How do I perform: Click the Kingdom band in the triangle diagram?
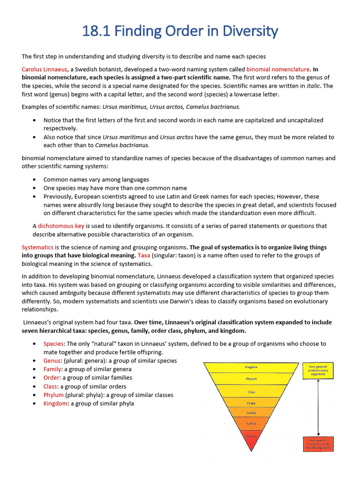252,367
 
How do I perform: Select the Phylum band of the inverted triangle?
252,379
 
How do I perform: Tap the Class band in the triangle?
252,391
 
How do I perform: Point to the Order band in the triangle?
252,403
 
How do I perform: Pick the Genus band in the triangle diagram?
252,424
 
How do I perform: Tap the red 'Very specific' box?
318,443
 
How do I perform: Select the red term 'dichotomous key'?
61,226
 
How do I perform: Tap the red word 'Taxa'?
144,255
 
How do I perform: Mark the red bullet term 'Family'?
52,369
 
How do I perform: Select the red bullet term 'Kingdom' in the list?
56,403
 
